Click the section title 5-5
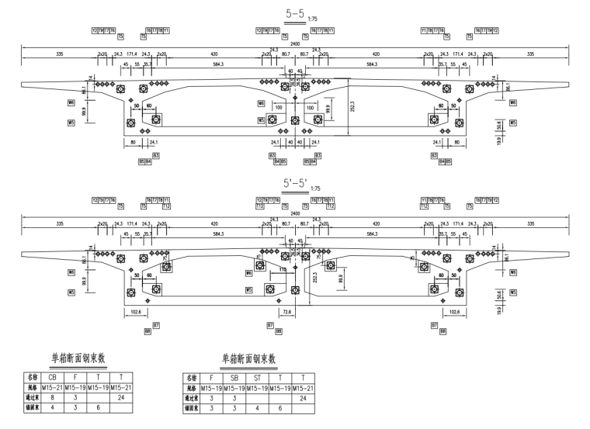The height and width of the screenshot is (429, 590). [293, 13]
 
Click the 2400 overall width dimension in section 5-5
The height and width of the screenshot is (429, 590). [294, 44]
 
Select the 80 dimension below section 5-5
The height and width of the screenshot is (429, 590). [133, 142]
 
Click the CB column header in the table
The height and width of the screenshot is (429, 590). [53, 377]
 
